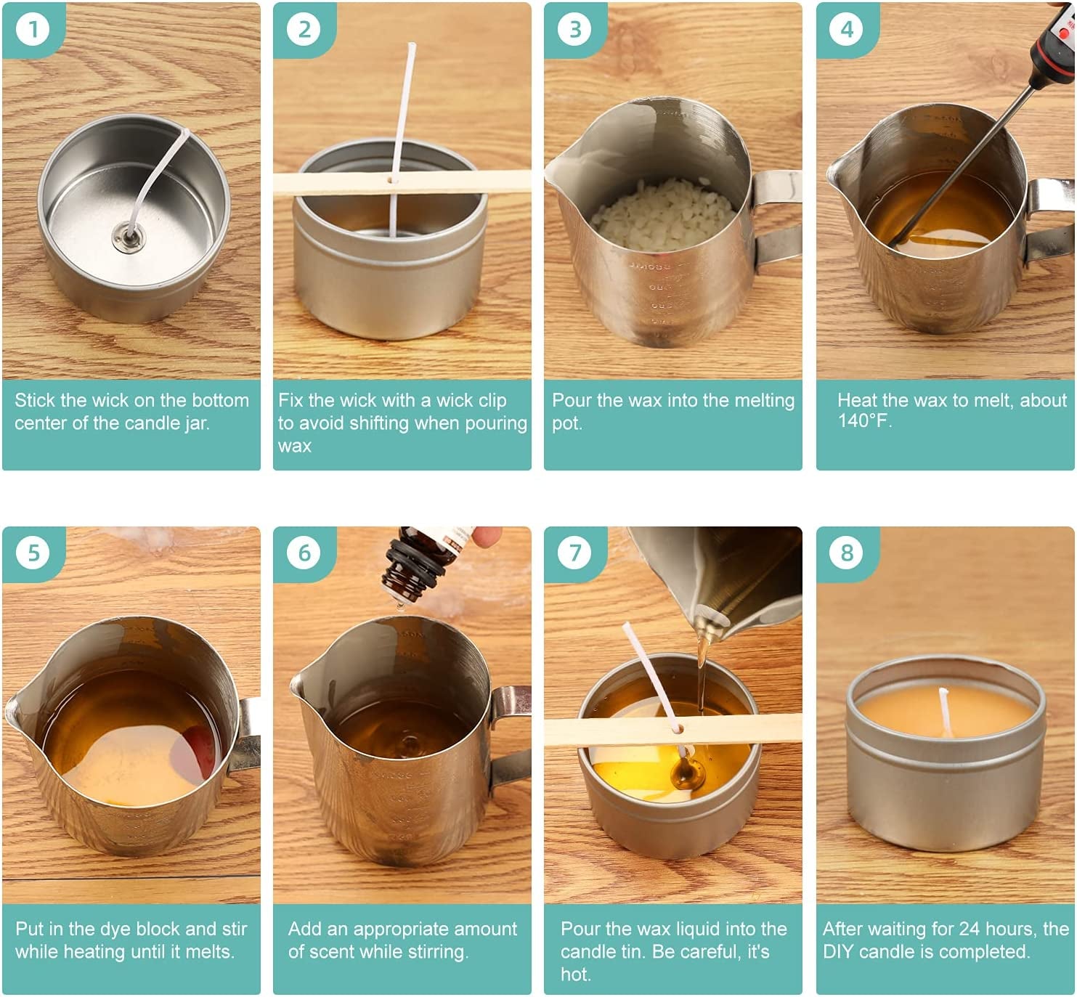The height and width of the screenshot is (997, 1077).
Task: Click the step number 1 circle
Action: coord(33,30)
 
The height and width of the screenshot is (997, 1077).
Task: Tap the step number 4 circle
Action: coord(847,30)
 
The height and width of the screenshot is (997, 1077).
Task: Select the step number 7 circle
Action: coord(575,553)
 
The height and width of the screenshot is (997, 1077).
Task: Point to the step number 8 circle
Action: coord(847,553)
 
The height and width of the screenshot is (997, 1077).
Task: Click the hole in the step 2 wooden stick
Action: coord(393,179)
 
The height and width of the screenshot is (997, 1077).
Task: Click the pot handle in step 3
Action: coord(776,218)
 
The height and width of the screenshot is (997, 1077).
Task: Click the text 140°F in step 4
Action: coord(864,421)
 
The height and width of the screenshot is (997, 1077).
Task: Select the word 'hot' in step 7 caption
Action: coord(575,974)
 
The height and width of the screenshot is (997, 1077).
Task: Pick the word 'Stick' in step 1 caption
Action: coord(35,400)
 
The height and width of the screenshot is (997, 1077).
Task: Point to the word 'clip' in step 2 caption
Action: coord(491,400)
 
